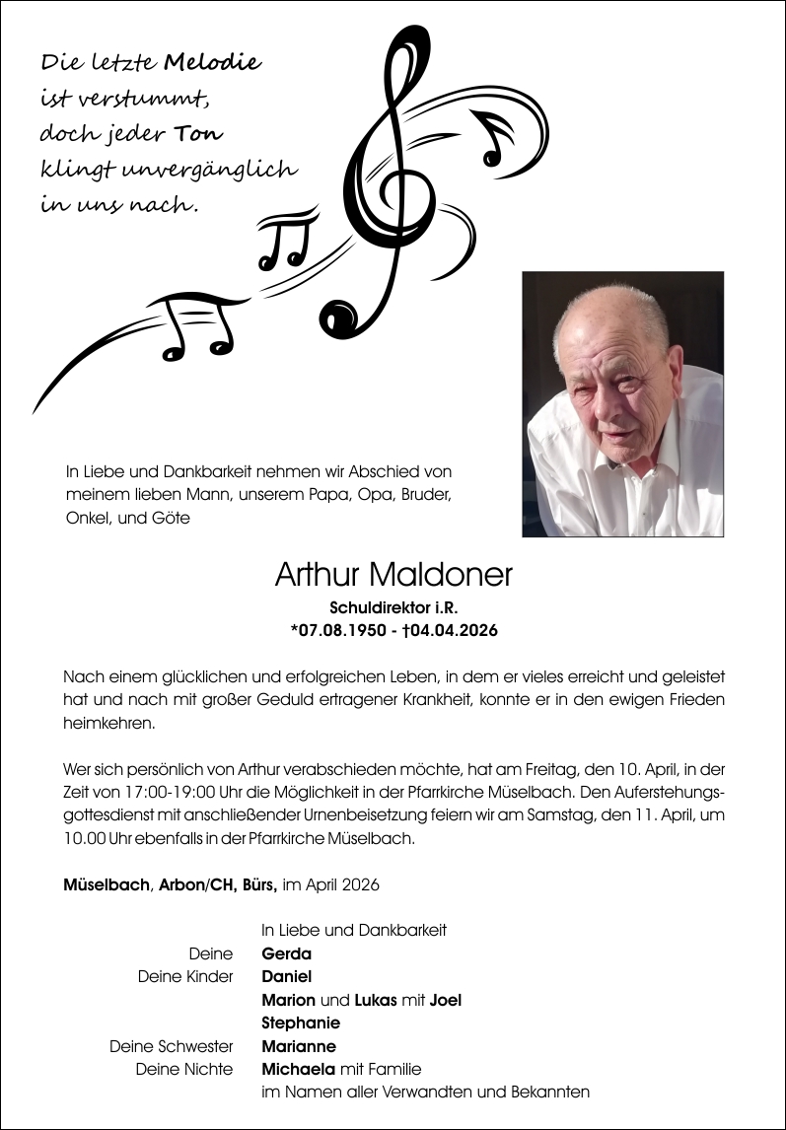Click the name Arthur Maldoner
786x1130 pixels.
click(x=393, y=575)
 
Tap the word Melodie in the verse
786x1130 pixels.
click(x=212, y=63)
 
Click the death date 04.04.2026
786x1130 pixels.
click(x=455, y=630)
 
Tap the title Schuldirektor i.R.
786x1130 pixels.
click(x=393, y=608)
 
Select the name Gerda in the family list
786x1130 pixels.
click(x=286, y=953)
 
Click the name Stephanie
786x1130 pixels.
click(x=301, y=1023)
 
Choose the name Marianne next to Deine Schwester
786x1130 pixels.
click(x=299, y=1046)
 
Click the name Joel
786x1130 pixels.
click(x=446, y=1000)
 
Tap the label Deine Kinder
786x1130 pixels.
click(x=186, y=976)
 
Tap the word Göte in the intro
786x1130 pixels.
click(x=172, y=517)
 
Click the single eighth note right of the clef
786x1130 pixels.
click(x=495, y=136)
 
